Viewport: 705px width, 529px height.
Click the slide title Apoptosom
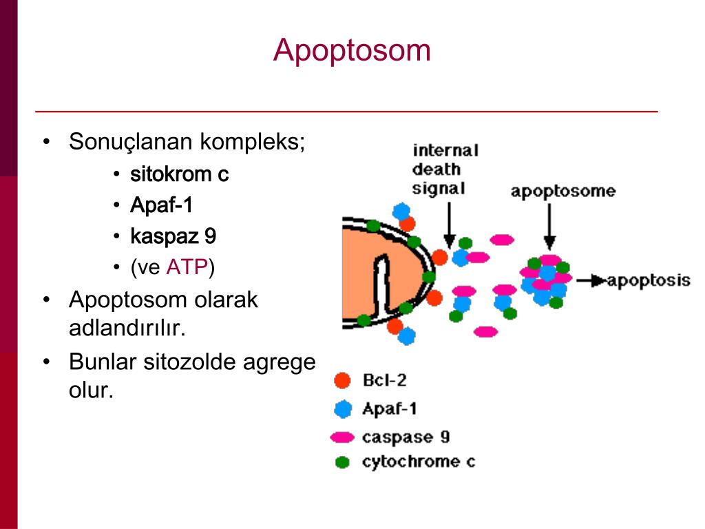pos(352,50)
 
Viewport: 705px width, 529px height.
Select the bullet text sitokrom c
pos(179,174)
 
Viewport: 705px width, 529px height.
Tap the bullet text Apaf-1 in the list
pos(162,205)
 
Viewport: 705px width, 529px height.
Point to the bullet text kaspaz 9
pos(173,236)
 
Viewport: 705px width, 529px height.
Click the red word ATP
pos(187,267)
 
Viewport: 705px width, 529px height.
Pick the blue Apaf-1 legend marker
pos(342,409)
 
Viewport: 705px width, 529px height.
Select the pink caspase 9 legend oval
pos(342,437)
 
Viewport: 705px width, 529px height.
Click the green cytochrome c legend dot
pos(342,462)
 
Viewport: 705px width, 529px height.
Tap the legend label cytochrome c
pos(418,462)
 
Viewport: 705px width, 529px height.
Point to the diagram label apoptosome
pos(562,191)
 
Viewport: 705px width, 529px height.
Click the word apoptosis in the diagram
pos(649,280)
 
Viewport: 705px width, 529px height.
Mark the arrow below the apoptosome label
pos(549,227)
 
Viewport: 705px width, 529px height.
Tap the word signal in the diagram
pos(438,188)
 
